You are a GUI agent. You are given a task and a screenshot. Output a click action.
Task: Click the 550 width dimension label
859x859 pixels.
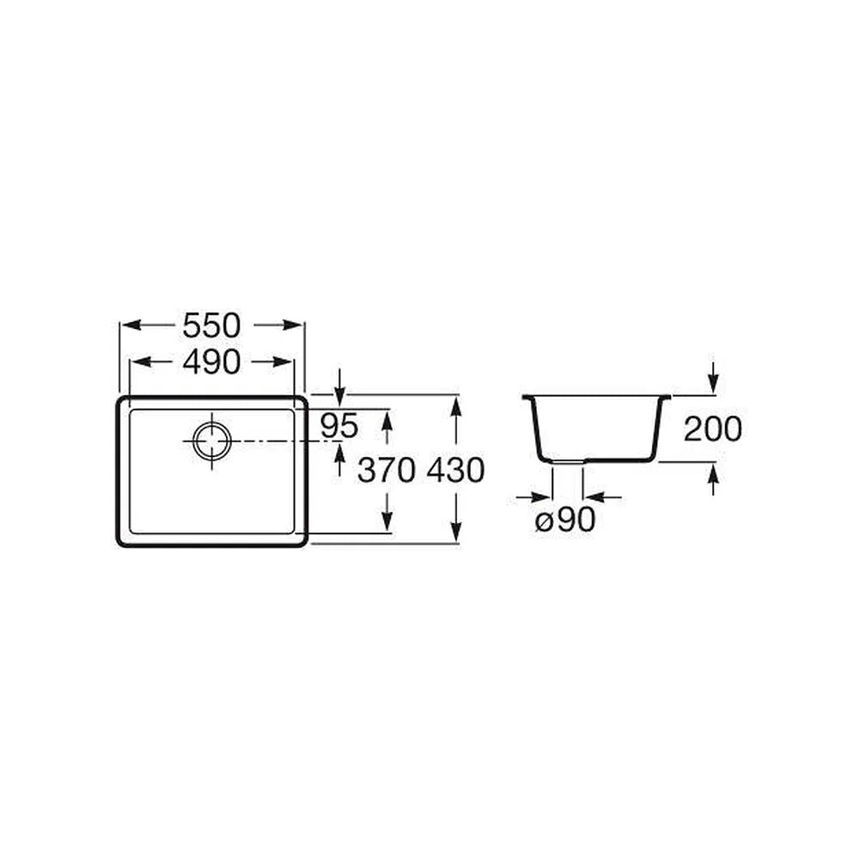click(211, 326)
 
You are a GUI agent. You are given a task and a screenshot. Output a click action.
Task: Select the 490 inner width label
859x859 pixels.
click(211, 362)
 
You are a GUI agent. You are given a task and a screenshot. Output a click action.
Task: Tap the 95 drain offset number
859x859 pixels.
click(339, 426)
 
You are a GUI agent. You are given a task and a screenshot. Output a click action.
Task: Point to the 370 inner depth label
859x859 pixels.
click(387, 471)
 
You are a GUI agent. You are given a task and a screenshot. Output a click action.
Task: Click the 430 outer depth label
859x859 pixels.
click(456, 471)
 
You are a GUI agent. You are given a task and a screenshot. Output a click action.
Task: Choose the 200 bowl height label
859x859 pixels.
click(713, 429)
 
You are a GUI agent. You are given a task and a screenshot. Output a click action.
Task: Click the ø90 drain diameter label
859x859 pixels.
click(565, 520)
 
